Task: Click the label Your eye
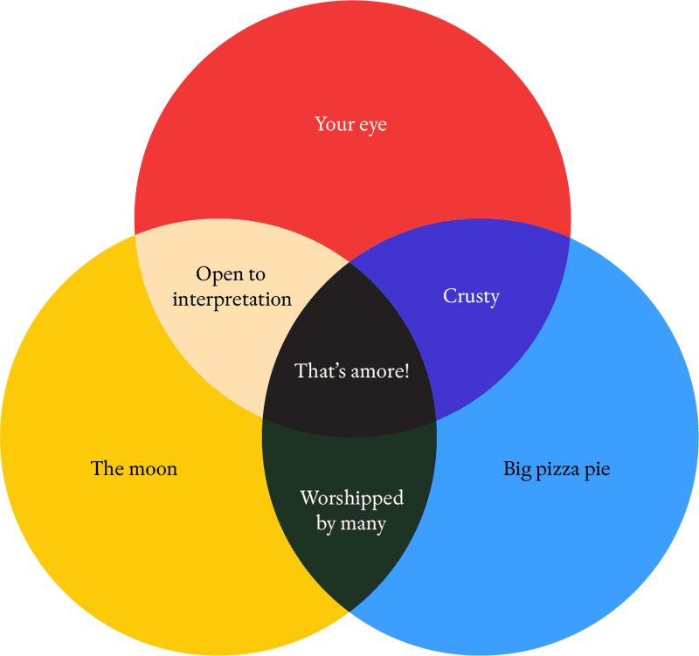[351, 124]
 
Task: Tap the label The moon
[134, 468]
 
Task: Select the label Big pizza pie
[557, 470]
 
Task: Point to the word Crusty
[471, 297]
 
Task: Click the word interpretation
[232, 300]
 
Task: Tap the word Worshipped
[352, 499]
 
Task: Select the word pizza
[557, 471]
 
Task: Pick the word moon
[153, 469]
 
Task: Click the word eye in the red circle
[373, 126]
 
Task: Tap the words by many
[351, 523]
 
